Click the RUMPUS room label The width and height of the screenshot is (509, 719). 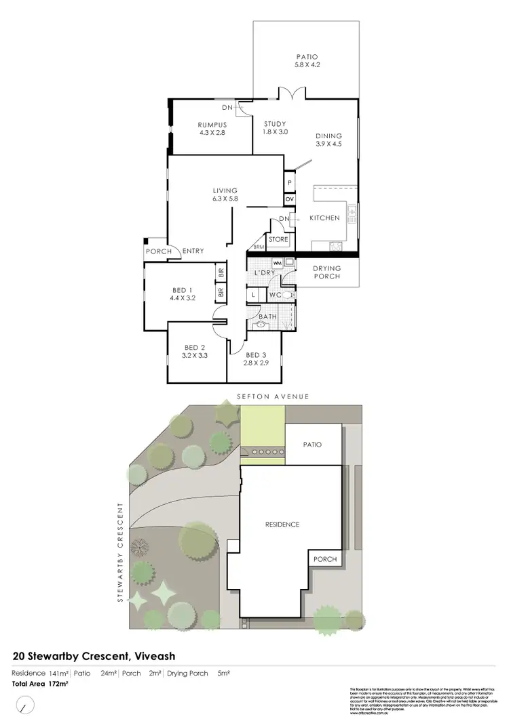(x=212, y=125)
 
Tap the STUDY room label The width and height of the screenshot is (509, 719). (x=276, y=123)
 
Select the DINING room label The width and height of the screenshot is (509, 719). (x=328, y=136)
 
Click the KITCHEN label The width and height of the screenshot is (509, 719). (x=324, y=218)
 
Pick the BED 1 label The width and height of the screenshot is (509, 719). (x=183, y=290)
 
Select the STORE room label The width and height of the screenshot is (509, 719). (x=278, y=239)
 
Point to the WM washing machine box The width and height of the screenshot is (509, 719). (x=277, y=262)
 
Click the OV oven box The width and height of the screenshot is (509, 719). (x=289, y=199)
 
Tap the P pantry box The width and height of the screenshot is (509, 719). (x=289, y=183)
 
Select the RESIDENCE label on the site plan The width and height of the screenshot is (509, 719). (x=282, y=525)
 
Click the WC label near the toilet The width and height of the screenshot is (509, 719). (x=275, y=295)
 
